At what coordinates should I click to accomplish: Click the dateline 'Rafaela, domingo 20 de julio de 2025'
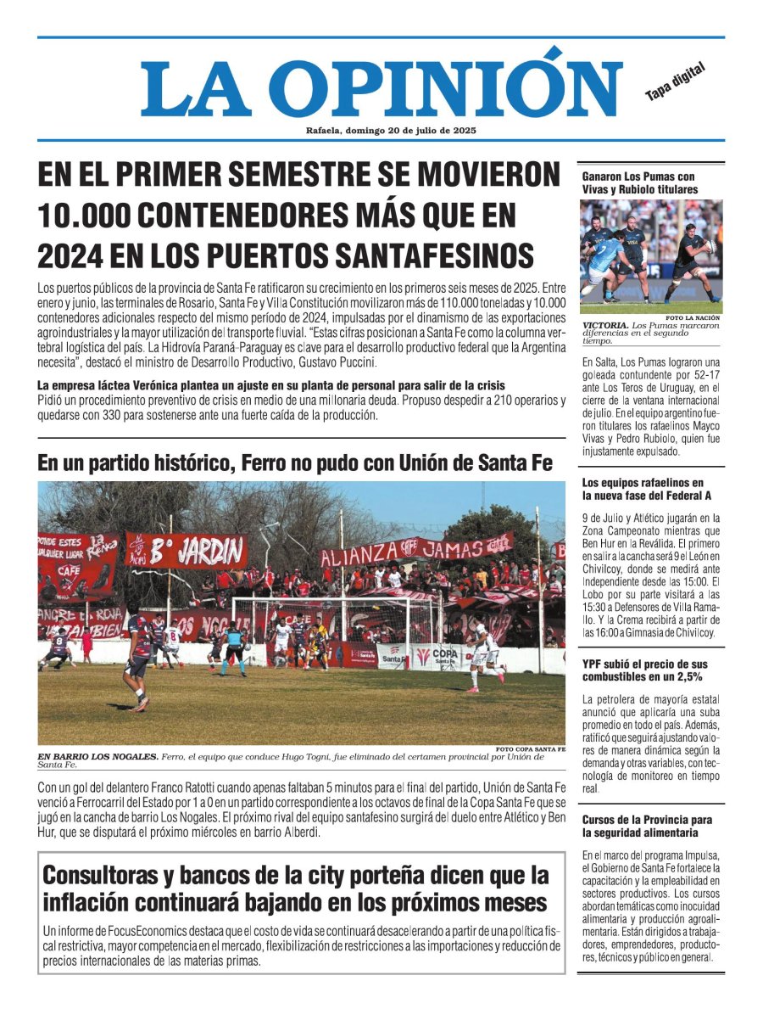click(391, 131)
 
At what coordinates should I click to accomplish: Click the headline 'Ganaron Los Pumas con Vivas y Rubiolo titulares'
click(640, 182)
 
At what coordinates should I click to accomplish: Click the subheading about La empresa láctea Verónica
click(271, 385)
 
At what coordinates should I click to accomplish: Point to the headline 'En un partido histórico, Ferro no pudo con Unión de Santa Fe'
click(295, 463)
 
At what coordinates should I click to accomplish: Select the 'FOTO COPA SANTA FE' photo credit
click(530, 749)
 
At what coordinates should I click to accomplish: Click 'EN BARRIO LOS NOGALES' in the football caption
click(97, 756)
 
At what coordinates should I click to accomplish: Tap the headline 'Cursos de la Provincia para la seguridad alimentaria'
click(647, 827)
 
